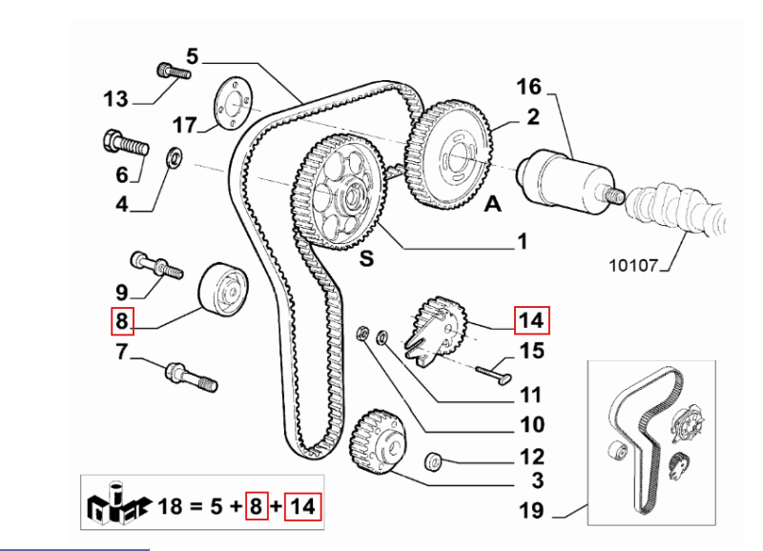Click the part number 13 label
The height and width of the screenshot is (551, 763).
pyautogui.click(x=115, y=98)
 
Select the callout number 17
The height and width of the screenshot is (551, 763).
pyautogui.click(x=184, y=126)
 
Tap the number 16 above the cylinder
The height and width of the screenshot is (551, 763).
pyautogui.click(x=528, y=87)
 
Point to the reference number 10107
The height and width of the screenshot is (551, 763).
pyautogui.click(x=634, y=266)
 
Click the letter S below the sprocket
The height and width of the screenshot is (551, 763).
pyautogui.click(x=365, y=256)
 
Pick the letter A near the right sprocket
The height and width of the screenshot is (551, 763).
pyautogui.click(x=493, y=203)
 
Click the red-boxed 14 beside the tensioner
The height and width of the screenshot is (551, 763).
pyautogui.click(x=531, y=320)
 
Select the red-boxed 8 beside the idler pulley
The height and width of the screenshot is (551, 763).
pyautogui.click(x=121, y=322)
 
